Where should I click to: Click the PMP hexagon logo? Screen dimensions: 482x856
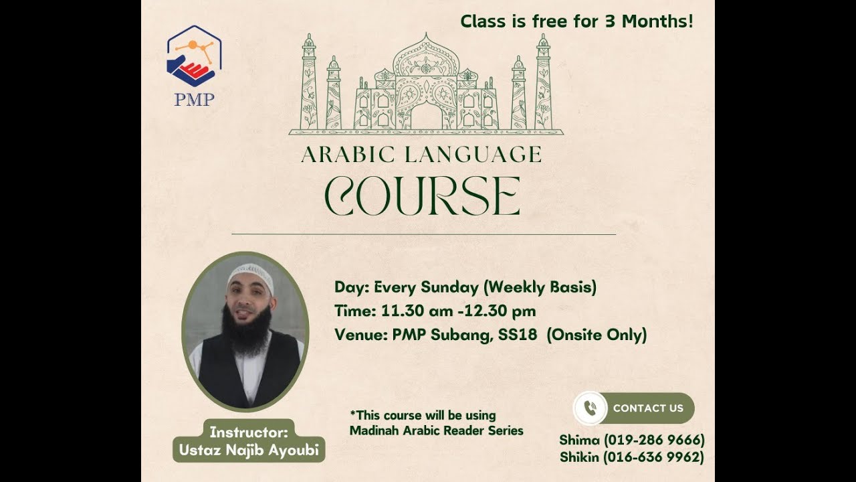coord(193,56)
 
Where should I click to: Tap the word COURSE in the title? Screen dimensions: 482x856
coord(422,196)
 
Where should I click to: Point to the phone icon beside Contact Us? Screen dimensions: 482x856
coord(590,408)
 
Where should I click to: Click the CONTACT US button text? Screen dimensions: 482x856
coord(648,408)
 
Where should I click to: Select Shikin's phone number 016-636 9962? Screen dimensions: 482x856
coord(654,457)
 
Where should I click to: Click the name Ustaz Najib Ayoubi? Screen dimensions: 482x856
coord(249,451)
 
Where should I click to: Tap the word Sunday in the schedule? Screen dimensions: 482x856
coord(449,288)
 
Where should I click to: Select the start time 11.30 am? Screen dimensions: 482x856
coord(407,311)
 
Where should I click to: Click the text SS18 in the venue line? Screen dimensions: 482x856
coord(517,335)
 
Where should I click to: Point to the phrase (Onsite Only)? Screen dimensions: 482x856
coord(597,335)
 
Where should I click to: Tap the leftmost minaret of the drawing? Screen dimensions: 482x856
coord(308,84)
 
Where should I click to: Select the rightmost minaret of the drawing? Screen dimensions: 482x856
coord(543,84)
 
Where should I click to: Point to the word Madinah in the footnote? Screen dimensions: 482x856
coord(374,430)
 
